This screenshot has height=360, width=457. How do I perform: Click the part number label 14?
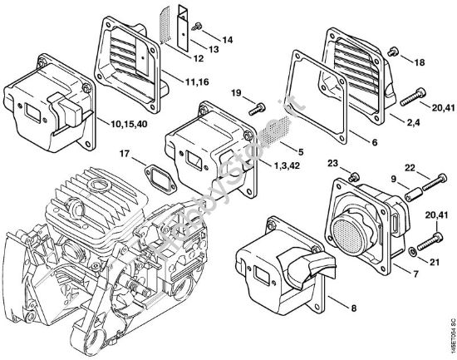228,39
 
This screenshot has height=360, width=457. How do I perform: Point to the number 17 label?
124,153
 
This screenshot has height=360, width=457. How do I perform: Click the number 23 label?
332,163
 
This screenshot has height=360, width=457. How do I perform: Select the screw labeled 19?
255,107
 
